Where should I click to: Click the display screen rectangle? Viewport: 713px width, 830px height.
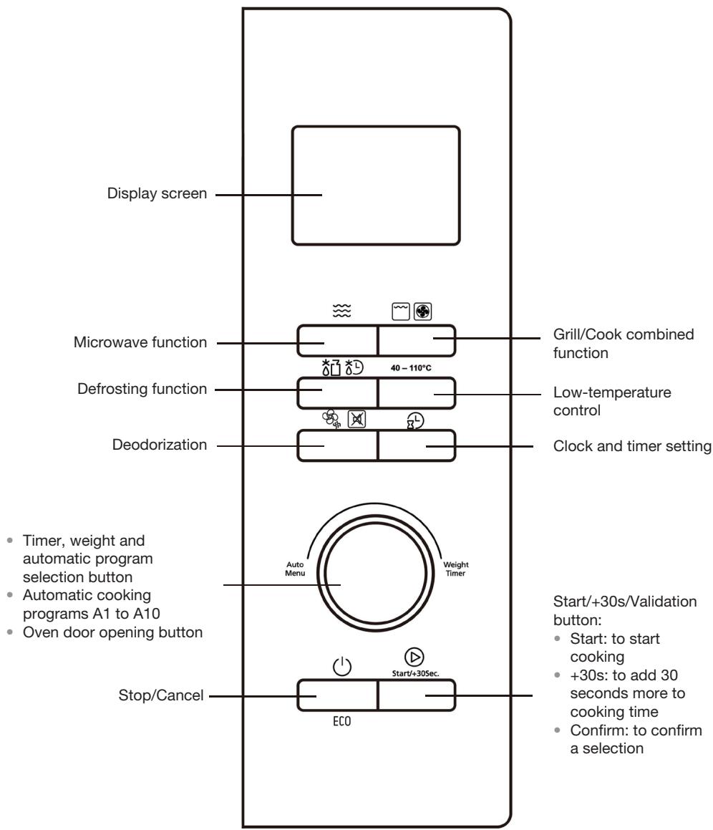click(x=377, y=186)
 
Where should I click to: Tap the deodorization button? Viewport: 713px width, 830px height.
click(x=336, y=446)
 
